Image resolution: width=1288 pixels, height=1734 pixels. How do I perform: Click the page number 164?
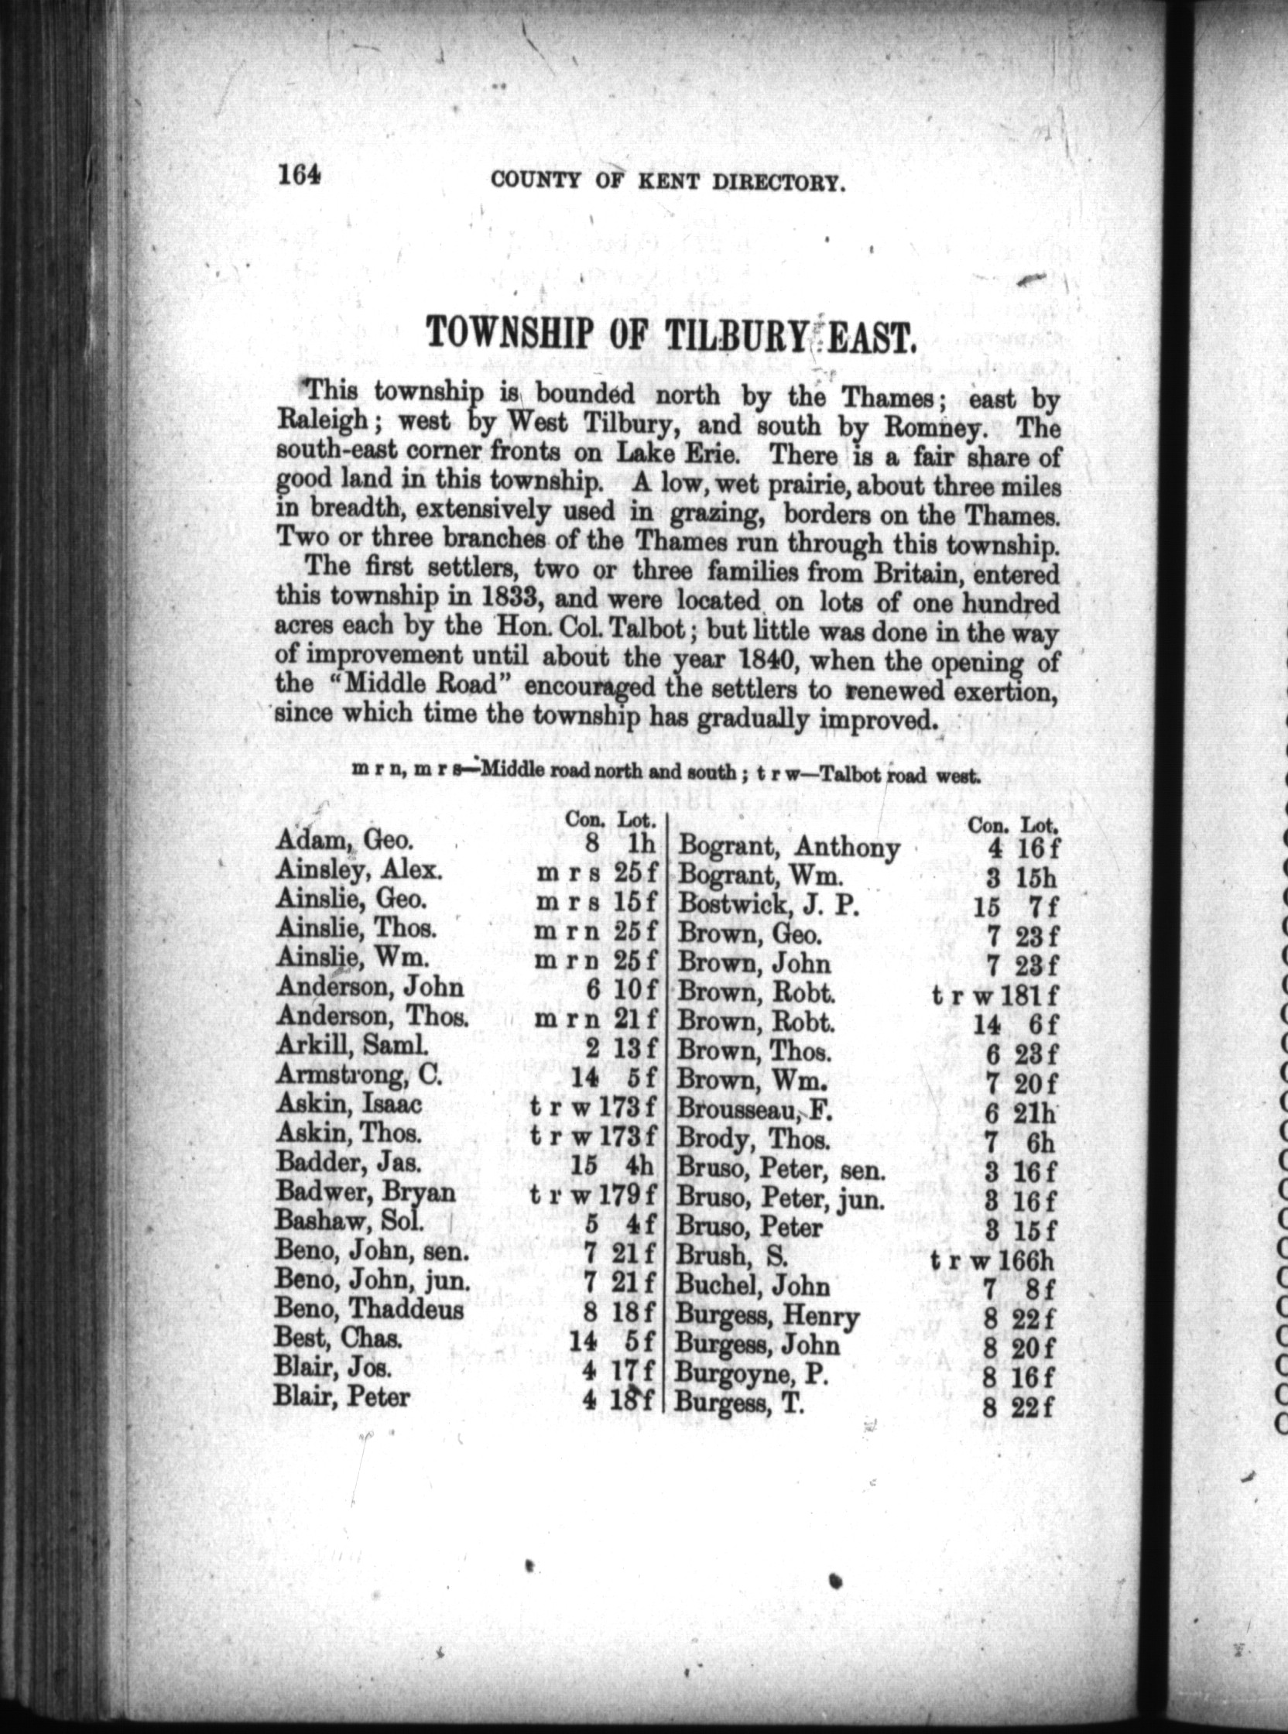[299, 176]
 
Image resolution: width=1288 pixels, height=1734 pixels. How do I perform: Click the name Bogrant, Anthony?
[790, 848]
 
